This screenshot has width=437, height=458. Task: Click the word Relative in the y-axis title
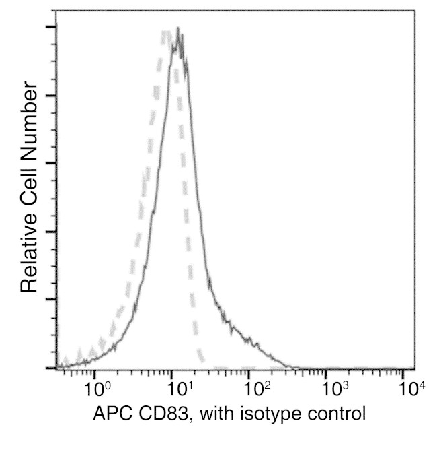coord(28,253)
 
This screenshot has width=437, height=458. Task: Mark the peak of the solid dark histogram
coord(177,29)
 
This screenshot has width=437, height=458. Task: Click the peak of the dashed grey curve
coord(165,32)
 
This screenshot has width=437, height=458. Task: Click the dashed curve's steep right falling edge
coord(187,202)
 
